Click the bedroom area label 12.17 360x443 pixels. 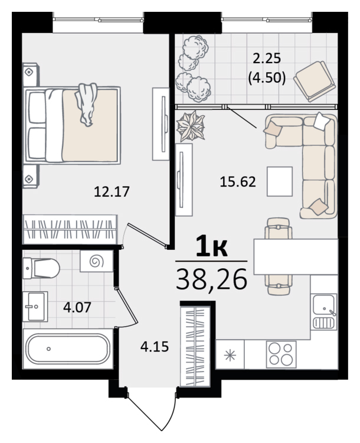[x=112, y=191]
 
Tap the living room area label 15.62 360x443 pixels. [x=238, y=182]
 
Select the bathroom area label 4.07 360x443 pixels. [x=77, y=307]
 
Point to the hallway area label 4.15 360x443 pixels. [x=155, y=346]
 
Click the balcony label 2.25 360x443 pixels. [x=267, y=58]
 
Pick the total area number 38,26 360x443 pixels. [x=211, y=279]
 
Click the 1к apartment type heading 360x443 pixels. [x=212, y=247]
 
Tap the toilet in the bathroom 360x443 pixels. [x=41, y=268]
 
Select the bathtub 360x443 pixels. [x=68, y=348]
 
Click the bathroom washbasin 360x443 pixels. [x=35, y=307]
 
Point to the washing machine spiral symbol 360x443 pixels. [x=97, y=261]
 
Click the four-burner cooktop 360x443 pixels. [x=281, y=354]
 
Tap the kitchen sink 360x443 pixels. [x=323, y=312]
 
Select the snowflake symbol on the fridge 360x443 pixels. [x=230, y=355]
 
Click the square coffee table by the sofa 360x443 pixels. [x=280, y=181]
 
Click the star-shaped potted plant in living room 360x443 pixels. [x=191, y=126]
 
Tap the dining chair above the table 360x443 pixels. [x=279, y=228]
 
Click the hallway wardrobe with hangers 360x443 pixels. [x=195, y=346]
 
